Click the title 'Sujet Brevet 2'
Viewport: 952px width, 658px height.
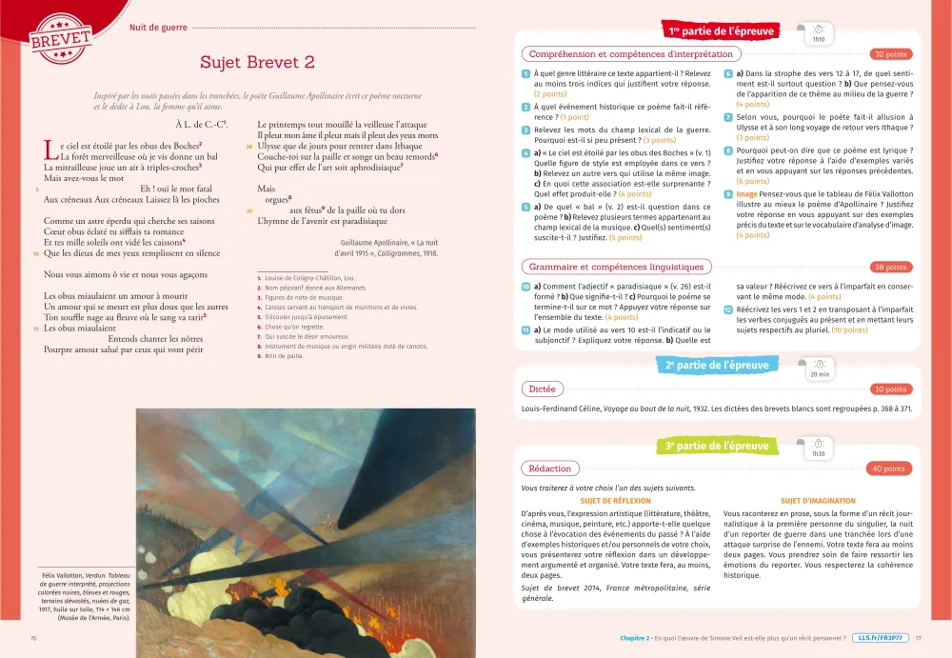click(x=257, y=63)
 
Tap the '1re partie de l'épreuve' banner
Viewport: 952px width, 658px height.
click(x=721, y=31)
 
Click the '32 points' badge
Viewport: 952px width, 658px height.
click(x=890, y=54)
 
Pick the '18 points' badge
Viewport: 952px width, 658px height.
click(x=890, y=267)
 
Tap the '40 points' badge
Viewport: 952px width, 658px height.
click(x=888, y=469)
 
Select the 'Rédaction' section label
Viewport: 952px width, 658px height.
click(x=549, y=469)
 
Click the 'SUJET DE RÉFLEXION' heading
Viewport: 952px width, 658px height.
click(x=615, y=501)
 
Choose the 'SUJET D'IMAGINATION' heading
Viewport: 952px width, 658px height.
click(x=818, y=501)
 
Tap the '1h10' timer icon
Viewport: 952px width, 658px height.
click(x=819, y=33)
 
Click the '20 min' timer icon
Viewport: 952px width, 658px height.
click(x=819, y=368)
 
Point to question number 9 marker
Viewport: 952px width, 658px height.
click(x=727, y=194)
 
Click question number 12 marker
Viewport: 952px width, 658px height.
click(x=727, y=310)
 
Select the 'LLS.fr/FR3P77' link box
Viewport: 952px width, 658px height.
click(x=881, y=638)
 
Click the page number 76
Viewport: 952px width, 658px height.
click(x=34, y=638)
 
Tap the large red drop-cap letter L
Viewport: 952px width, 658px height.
click(x=50, y=150)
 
